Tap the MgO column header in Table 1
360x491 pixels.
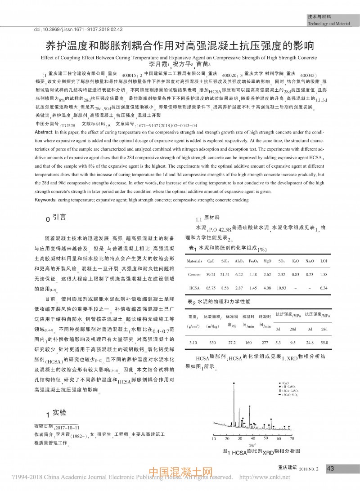(x=267, y=261)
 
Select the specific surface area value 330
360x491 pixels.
(x=212, y=343)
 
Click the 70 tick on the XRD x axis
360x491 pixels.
(x=292, y=438)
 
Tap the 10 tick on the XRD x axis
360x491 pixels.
(x=213, y=438)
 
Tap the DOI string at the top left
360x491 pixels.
(x=79, y=29)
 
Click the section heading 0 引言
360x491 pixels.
(x=56, y=217)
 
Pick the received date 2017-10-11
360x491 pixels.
(x=67, y=427)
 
